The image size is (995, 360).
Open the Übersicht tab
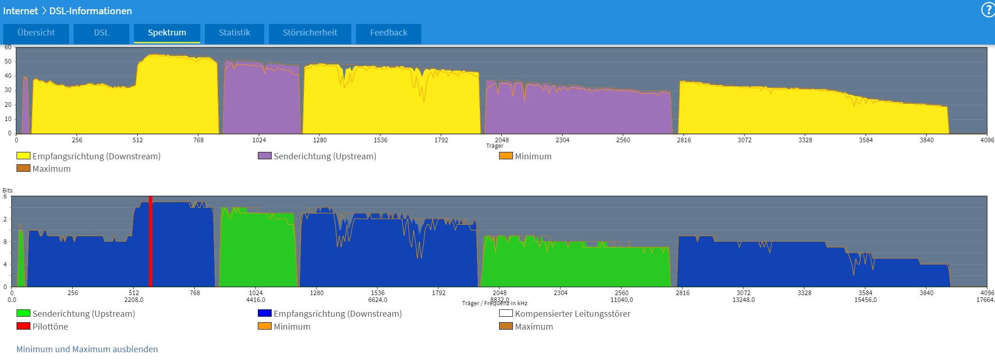tap(36, 33)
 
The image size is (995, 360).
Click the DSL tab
tap(101, 33)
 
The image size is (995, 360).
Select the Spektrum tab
tap(167, 33)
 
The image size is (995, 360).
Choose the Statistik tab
tap(234, 33)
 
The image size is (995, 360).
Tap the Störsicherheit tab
tap(310, 33)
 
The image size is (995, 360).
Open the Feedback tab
tap(388, 33)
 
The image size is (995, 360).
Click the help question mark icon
tap(988, 10)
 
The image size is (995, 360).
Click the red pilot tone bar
tap(151, 242)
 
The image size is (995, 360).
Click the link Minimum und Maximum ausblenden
tap(87, 349)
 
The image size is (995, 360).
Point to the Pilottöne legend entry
tap(50, 326)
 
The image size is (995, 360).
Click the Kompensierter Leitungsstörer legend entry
tap(572, 314)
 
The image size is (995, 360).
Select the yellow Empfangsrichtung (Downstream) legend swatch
tap(23, 156)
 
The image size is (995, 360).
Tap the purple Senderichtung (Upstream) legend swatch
tap(265, 156)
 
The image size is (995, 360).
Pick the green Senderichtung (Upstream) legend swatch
tap(23, 314)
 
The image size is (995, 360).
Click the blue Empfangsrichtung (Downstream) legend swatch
tap(265, 314)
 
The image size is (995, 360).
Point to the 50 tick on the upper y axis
tap(8, 61)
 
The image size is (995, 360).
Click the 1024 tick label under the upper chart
tap(259, 140)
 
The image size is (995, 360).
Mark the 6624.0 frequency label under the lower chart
tap(378, 300)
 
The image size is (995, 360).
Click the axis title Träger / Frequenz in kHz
tap(495, 303)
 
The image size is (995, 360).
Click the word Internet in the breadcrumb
tap(20, 11)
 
